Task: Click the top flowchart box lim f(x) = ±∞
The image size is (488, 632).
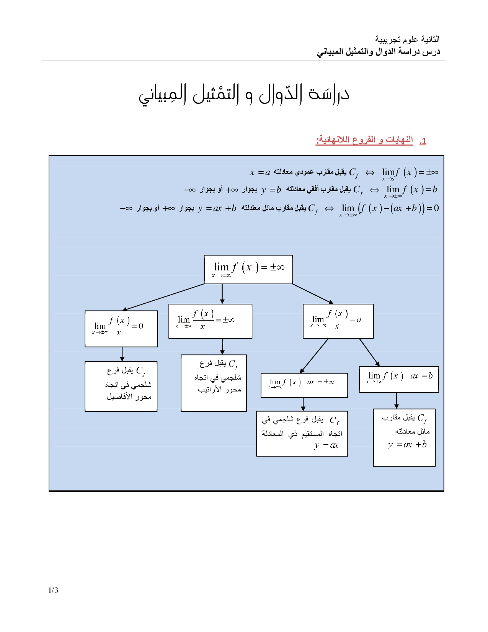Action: pyautogui.click(x=248, y=269)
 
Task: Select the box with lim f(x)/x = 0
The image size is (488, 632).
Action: pyautogui.click(x=121, y=328)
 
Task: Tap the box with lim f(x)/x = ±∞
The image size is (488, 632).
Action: pyautogui.click(x=210, y=321)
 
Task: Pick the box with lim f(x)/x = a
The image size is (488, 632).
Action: pyautogui.click(x=338, y=321)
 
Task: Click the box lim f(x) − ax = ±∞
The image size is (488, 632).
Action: pyautogui.click(x=304, y=385)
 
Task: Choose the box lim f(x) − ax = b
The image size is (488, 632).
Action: pyautogui.click(x=399, y=379)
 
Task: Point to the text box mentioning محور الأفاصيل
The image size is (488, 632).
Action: pyautogui.click(x=121, y=386)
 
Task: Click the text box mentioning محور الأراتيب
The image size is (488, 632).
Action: pyautogui.click(x=214, y=383)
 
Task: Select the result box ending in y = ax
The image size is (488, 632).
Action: pyautogui.click(x=302, y=434)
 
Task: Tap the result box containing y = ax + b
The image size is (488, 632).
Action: pyautogui.click(x=404, y=437)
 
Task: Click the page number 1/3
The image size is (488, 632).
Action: pyautogui.click(x=53, y=590)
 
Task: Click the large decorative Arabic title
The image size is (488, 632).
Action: pyautogui.click(x=244, y=95)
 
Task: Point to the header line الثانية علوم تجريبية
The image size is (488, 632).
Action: pyautogui.click(x=407, y=39)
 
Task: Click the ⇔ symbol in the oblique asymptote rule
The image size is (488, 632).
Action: pyautogui.click(x=329, y=209)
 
